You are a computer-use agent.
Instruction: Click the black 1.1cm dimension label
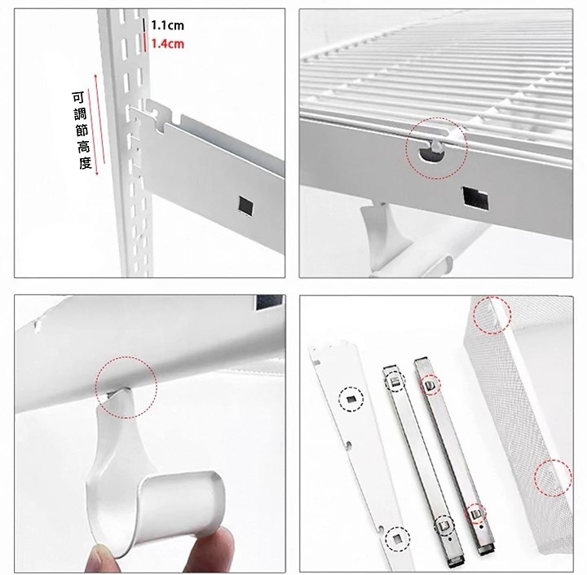[x=167, y=25]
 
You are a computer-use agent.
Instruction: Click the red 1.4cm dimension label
[x=167, y=44]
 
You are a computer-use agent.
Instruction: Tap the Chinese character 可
[x=78, y=98]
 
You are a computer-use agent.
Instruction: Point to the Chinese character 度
[x=86, y=163]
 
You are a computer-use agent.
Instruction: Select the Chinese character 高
[x=83, y=147]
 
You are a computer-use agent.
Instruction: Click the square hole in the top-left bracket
[x=246, y=206]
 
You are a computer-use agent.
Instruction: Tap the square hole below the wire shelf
[x=475, y=197]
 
